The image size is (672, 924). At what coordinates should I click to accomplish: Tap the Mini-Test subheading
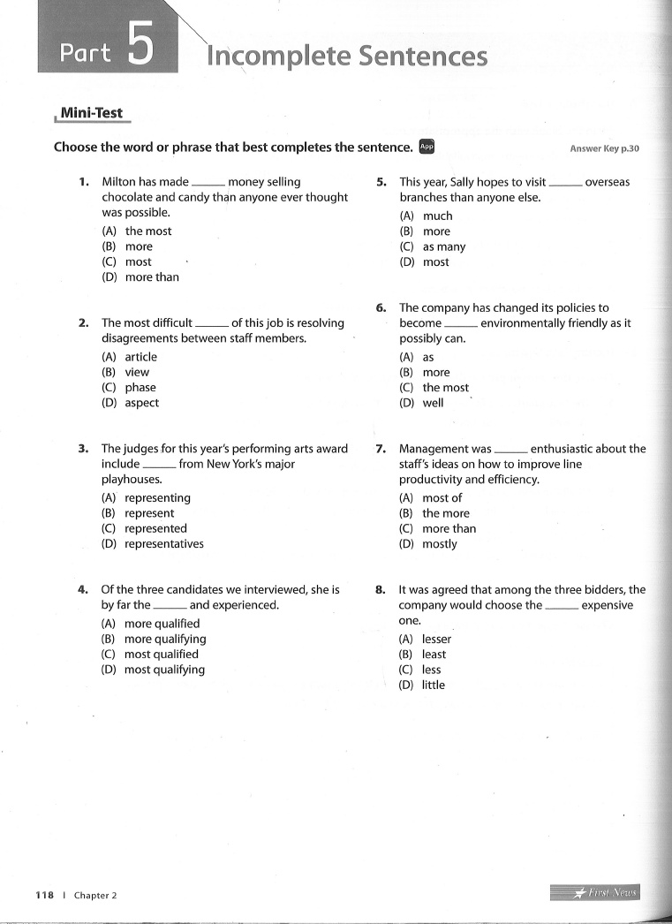click(91, 114)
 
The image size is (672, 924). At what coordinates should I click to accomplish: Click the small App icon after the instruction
click(427, 147)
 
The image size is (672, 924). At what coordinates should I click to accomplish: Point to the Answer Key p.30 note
click(604, 148)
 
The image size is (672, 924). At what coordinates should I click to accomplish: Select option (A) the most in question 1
click(137, 231)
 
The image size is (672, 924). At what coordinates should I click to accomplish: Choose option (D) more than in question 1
click(140, 277)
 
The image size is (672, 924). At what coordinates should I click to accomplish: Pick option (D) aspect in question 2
click(131, 403)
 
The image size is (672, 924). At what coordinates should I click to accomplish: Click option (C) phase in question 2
click(129, 388)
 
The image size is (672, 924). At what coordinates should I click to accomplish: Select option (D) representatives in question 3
click(153, 544)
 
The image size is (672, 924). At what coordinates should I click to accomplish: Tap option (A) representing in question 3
click(146, 498)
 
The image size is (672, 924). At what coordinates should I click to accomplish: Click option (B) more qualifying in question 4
click(154, 639)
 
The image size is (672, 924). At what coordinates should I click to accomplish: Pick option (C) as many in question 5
click(432, 247)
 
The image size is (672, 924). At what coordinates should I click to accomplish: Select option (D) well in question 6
click(421, 403)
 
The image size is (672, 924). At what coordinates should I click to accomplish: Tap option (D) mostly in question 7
click(428, 544)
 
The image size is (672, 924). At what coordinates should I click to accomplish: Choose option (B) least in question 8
click(422, 655)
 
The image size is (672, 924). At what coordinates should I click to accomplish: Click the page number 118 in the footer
click(45, 896)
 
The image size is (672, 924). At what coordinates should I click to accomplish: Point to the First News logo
click(594, 893)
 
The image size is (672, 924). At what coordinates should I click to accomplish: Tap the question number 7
click(381, 449)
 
